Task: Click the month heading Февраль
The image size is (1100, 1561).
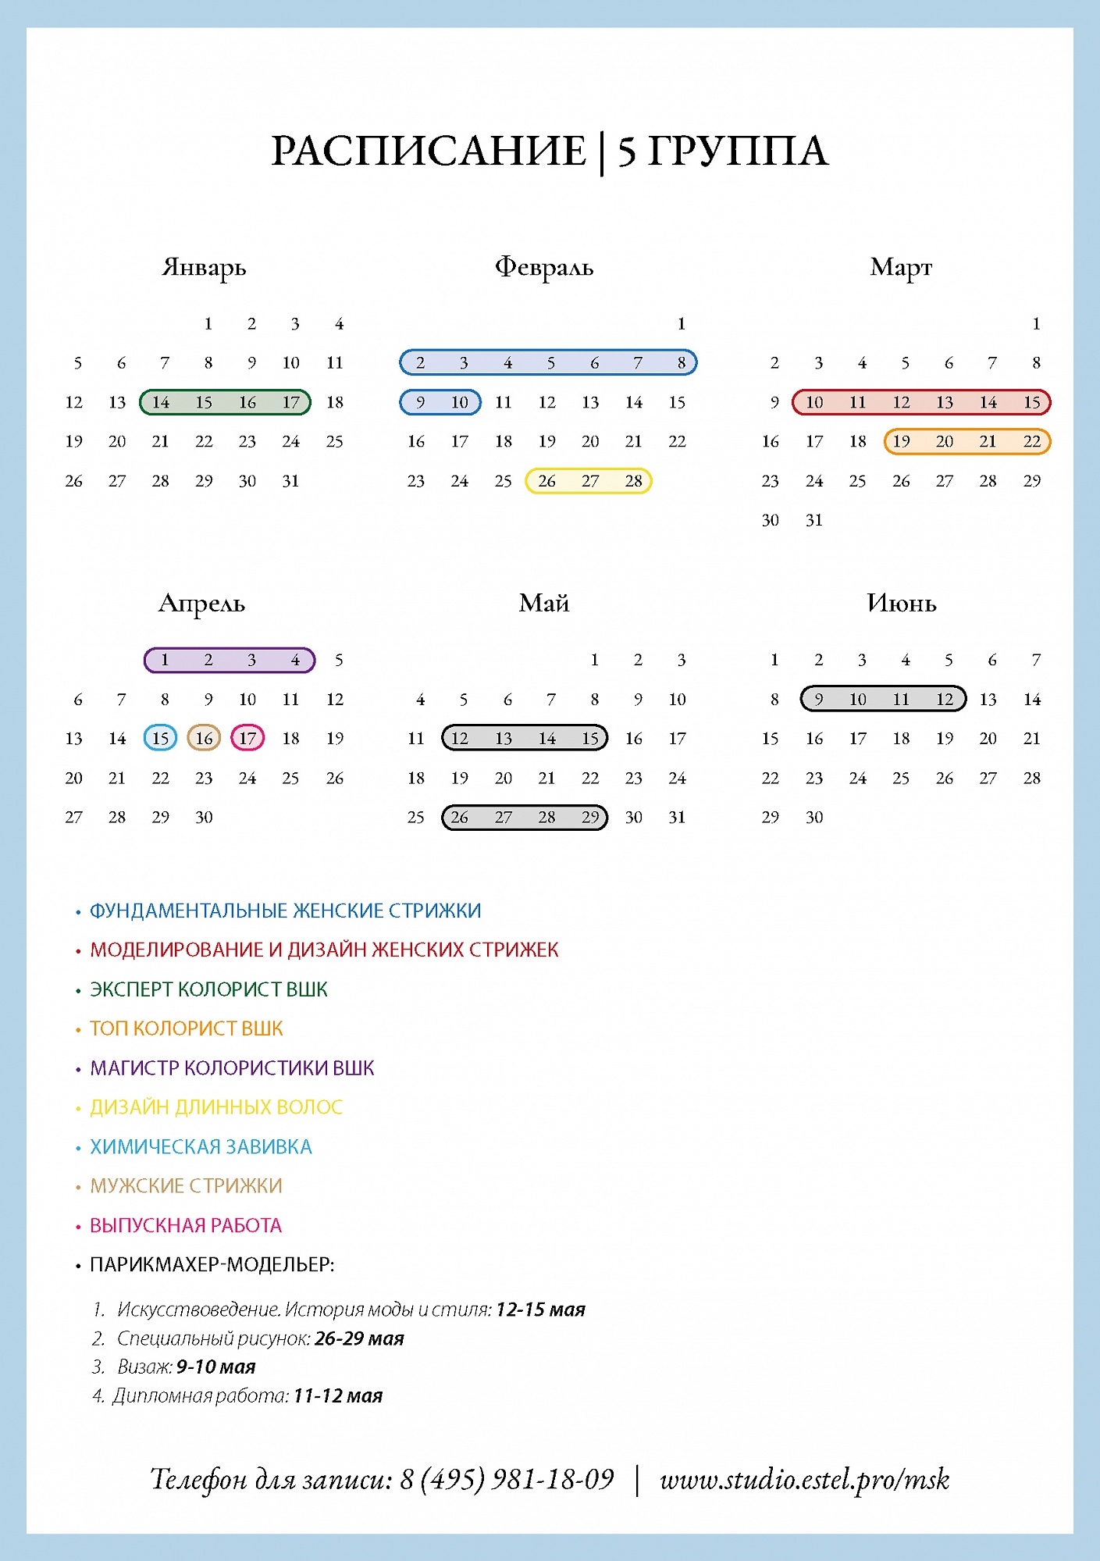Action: (x=544, y=267)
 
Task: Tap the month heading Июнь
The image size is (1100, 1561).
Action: (x=901, y=603)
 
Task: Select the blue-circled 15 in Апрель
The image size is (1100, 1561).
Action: (x=160, y=738)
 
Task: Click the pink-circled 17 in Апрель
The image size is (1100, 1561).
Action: (x=247, y=738)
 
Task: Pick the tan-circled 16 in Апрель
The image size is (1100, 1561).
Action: (x=204, y=738)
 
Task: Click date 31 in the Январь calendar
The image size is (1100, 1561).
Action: (x=290, y=481)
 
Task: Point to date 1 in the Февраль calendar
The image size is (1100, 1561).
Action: (x=681, y=323)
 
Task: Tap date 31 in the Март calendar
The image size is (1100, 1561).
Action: (x=813, y=520)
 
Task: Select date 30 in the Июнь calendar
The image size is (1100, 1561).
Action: (x=813, y=817)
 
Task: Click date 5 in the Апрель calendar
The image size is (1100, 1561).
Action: (x=339, y=660)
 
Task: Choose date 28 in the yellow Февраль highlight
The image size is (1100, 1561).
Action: (x=633, y=481)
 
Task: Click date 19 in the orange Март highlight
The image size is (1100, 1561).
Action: (x=901, y=441)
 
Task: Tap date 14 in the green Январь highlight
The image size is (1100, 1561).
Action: (x=160, y=402)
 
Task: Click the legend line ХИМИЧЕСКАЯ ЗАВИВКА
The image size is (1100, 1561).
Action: (x=201, y=1146)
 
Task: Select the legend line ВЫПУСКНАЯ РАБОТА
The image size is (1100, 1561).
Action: (x=186, y=1225)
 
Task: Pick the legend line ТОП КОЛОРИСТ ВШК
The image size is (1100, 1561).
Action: (x=187, y=1028)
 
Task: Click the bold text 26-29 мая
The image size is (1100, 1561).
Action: (x=359, y=1338)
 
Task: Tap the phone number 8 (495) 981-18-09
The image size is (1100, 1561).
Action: (x=507, y=1478)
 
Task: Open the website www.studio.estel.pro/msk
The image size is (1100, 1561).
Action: (x=804, y=1478)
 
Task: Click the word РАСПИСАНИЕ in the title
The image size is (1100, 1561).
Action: (x=429, y=151)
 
